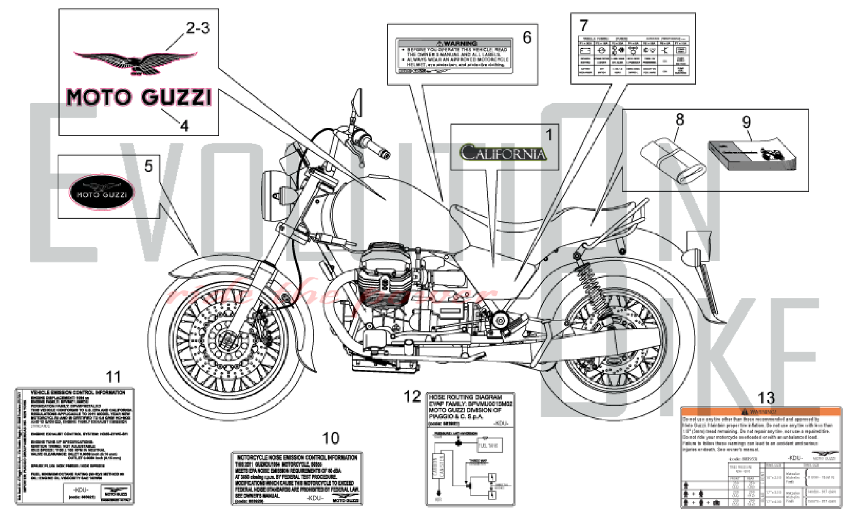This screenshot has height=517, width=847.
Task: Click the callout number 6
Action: (527, 37)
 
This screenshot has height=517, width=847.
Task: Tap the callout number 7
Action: (584, 26)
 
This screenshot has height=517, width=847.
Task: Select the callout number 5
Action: (148, 166)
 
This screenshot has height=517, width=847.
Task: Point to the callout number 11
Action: (113, 377)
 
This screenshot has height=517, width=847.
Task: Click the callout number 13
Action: (766, 398)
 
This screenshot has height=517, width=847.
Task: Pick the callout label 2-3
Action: (198, 28)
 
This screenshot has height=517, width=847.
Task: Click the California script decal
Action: (503, 153)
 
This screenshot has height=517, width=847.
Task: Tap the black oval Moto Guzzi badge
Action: (102, 192)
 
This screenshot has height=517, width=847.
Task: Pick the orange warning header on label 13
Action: (761, 411)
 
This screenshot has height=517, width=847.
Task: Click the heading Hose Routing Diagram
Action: (465, 397)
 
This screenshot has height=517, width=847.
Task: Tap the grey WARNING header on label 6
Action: (454, 43)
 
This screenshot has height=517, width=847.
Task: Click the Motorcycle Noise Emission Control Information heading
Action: (297, 458)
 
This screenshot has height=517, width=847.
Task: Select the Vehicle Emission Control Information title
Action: (78, 393)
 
